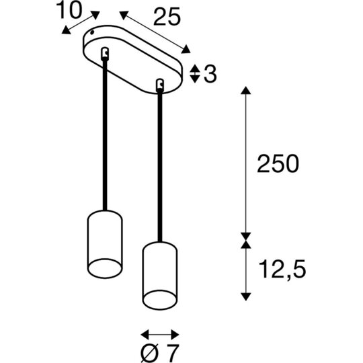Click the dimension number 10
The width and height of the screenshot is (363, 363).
(69, 9)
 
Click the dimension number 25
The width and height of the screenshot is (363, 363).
(167, 16)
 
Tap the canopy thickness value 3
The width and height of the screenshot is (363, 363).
(210, 74)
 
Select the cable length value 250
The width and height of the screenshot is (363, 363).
(278, 163)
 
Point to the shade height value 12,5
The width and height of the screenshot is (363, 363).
(282, 270)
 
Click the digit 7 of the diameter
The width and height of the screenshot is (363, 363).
(173, 354)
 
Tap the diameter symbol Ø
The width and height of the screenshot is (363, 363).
(149, 354)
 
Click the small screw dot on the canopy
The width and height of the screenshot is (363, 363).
(92, 33)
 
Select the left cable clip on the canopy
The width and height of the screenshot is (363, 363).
(105, 54)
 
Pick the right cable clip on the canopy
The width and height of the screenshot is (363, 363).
(160, 85)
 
